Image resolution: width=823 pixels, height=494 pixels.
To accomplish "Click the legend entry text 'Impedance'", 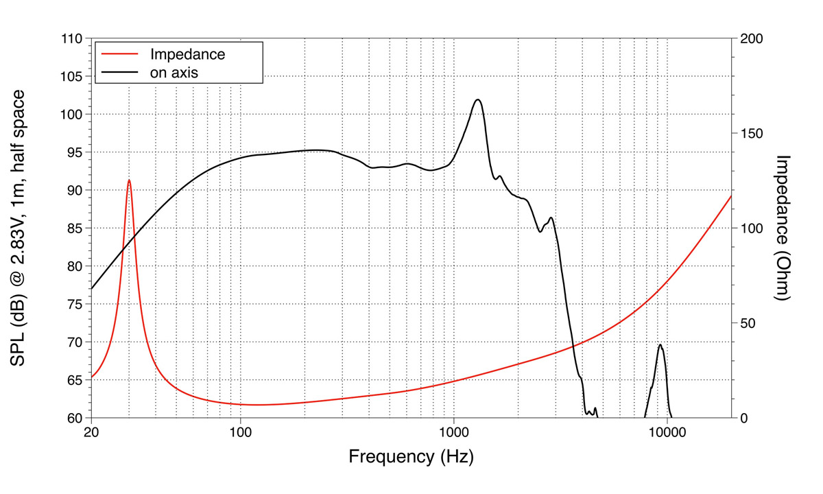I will [187, 54].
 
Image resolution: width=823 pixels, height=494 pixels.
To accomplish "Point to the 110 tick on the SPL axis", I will [72, 39].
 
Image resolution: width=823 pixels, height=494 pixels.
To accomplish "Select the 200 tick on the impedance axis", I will [750, 39].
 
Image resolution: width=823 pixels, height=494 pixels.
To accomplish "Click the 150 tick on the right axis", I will [750, 134].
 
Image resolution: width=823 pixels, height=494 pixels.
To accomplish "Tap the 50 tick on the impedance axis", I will [747, 323].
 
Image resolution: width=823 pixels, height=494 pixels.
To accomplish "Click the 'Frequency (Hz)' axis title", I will [411, 456].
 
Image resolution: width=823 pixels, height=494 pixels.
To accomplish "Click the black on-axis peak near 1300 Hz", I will [478, 99].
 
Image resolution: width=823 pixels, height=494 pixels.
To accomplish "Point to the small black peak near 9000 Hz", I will [660, 344].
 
